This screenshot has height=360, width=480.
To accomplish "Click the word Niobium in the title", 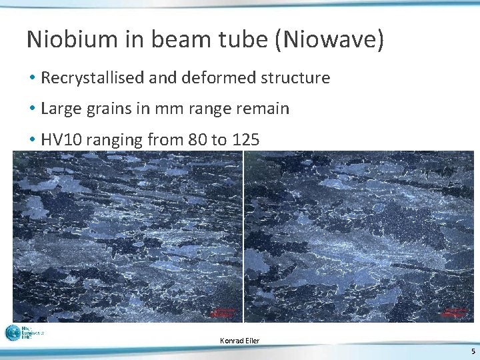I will coord(69,39).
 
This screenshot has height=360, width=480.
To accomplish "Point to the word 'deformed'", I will coord(209,78).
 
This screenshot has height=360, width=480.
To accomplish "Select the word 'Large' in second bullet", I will coord(61,109).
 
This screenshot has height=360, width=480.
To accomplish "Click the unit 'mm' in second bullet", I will coord(165,109).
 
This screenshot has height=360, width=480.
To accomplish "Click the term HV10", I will coord(60,139).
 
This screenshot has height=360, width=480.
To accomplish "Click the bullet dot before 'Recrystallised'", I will coord(32,79).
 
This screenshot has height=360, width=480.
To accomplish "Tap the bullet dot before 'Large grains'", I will coord(32,109).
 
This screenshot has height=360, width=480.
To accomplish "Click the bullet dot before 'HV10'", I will coord(32,140).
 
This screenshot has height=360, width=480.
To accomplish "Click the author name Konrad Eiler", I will coord(239,341).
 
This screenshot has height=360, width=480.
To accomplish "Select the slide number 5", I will coord(473,351).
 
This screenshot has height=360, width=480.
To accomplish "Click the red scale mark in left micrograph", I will coord(223,311).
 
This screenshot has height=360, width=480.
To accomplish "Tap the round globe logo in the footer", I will coord(13,333).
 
